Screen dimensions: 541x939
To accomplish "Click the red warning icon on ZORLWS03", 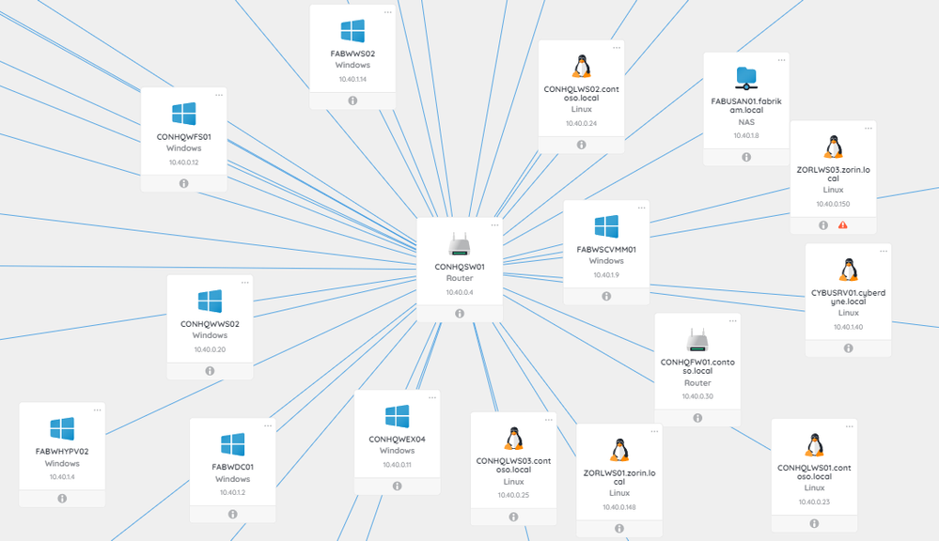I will click(843, 225).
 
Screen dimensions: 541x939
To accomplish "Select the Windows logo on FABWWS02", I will click(352, 31).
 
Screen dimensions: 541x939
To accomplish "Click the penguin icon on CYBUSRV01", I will click(848, 270).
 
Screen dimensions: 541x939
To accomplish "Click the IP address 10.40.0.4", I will click(460, 293).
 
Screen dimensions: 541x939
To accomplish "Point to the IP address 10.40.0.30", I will click(697, 396).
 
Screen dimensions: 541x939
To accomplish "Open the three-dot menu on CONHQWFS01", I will click(219, 95).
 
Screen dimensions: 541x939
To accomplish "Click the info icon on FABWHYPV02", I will click(62, 499).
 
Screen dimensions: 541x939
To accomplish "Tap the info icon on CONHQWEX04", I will click(397, 486).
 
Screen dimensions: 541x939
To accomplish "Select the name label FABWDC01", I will click(232, 466).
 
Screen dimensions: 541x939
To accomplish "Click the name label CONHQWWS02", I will click(210, 323).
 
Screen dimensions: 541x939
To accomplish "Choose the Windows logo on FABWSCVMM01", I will click(606, 226).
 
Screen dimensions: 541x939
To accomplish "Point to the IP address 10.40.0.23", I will click(814, 502).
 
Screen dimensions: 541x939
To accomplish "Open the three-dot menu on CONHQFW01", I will click(733, 321).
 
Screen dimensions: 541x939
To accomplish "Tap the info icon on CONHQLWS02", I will click(581, 145).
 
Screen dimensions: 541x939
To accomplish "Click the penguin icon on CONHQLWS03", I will click(513, 438).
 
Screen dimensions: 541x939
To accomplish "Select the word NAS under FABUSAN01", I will click(746, 121).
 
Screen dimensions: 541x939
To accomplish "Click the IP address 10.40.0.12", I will click(184, 162).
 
